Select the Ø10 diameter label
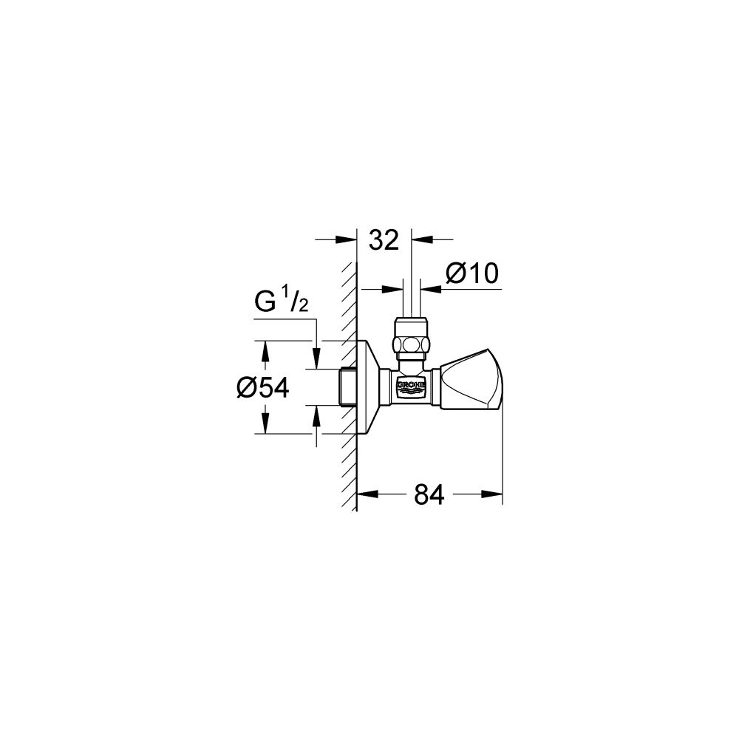(x=472, y=274)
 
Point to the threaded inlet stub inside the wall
(x=347, y=386)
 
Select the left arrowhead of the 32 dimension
(x=350, y=239)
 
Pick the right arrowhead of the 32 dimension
(x=418, y=239)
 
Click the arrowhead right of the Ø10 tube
(x=427, y=289)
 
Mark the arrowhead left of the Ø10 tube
(x=396, y=289)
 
